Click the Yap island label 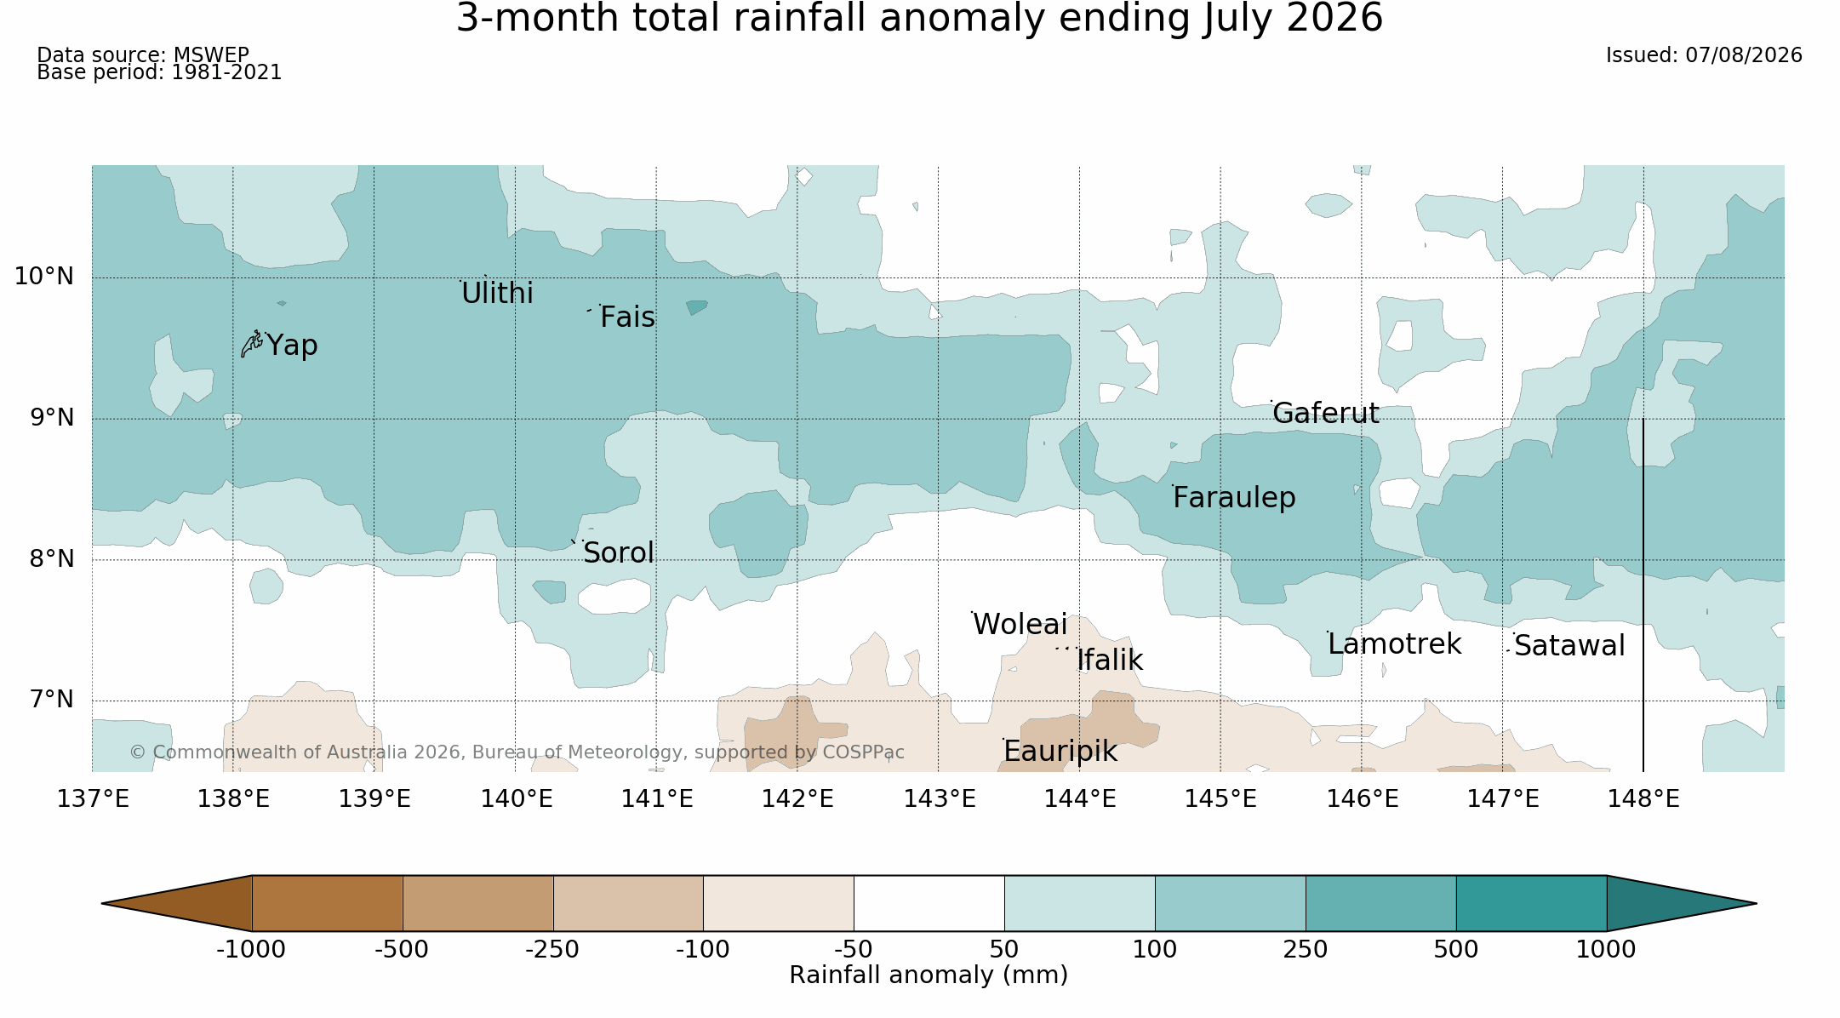[292, 346]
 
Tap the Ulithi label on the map [497, 294]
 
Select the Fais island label [627, 317]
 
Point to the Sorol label [619, 553]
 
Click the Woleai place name [1020, 625]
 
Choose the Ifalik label [1110, 661]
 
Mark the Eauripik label [1060, 752]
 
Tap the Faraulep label [1234, 498]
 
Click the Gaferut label [1326, 414]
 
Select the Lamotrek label [1394, 644]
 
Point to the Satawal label [1569, 646]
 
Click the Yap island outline [251, 344]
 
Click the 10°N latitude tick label [44, 277]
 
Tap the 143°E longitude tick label [939, 799]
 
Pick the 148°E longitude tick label [1643, 799]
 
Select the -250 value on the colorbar [552, 950]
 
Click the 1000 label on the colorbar [1606, 950]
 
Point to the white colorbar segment [929, 903]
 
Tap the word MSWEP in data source [211, 55]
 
